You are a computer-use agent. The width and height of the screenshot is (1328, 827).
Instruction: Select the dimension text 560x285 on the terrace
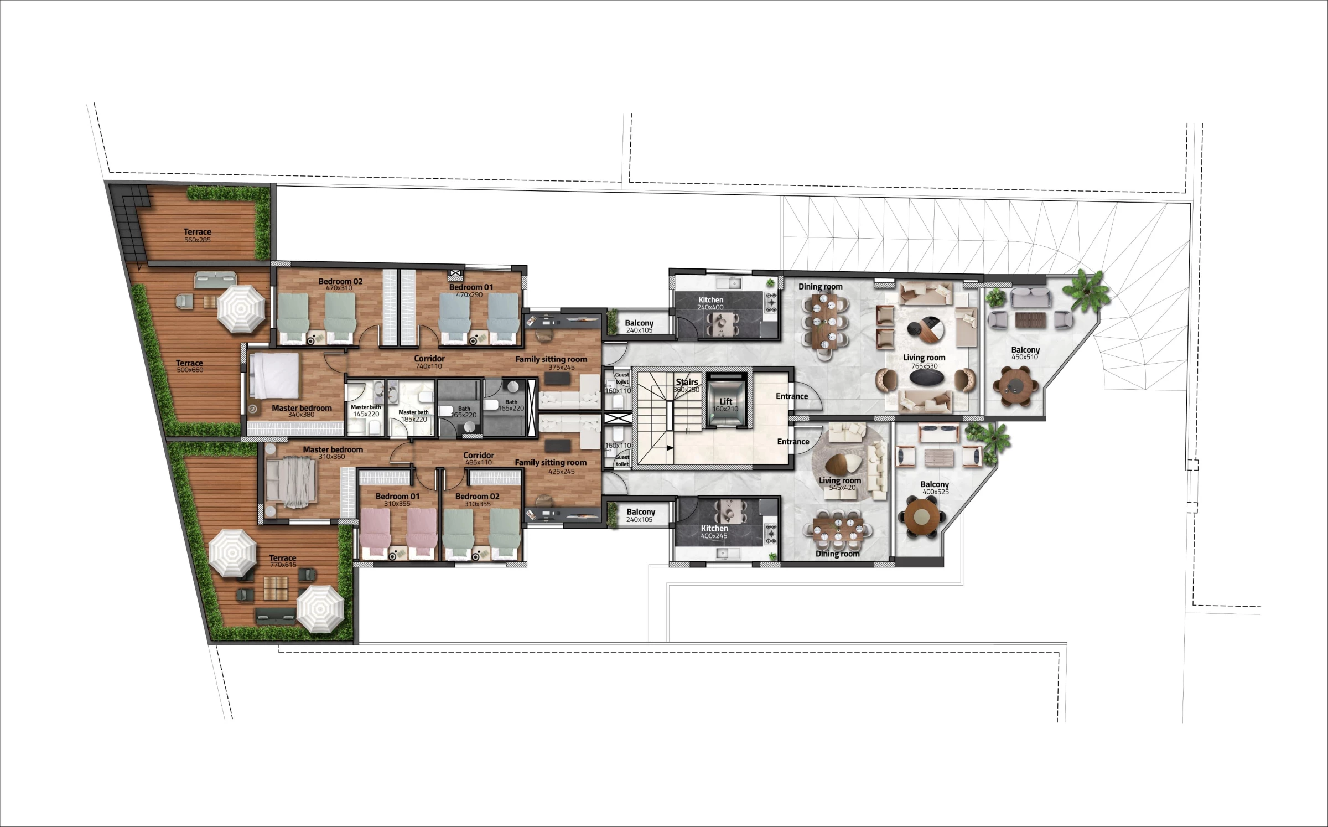pyautogui.click(x=198, y=240)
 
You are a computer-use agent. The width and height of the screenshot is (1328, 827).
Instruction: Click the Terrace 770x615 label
pyautogui.click(x=283, y=561)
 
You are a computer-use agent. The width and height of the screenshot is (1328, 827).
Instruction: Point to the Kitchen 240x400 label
pyautogui.click(x=710, y=303)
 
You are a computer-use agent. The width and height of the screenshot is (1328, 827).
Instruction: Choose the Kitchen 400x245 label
pyautogui.click(x=714, y=532)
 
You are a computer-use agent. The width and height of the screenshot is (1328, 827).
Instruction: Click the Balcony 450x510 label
pyautogui.click(x=1025, y=353)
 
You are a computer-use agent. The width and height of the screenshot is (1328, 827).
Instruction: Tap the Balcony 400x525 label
pyautogui.click(x=935, y=488)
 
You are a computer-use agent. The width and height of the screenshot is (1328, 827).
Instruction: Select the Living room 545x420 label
pyautogui.click(x=840, y=484)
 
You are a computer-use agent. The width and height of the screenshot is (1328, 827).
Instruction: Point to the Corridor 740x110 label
pyautogui.click(x=429, y=362)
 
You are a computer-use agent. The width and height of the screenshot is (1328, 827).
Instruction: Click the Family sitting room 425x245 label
pyautogui.click(x=551, y=466)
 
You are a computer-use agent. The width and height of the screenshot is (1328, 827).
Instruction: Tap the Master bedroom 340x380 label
pyautogui.click(x=302, y=411)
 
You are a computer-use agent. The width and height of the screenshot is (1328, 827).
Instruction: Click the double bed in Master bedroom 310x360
pyautogui.click(x=291, y=483)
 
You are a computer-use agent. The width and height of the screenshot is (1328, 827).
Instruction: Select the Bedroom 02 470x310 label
pyautogui.click(x=340, y=285)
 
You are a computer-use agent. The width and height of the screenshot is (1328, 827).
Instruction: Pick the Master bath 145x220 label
pyautogui.click(x=366, y=410)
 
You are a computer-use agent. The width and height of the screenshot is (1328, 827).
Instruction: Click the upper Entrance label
pyautogui.click(x=792, y=396)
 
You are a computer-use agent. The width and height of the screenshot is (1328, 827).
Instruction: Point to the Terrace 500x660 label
pyautogui.click(x=190, y=366)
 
